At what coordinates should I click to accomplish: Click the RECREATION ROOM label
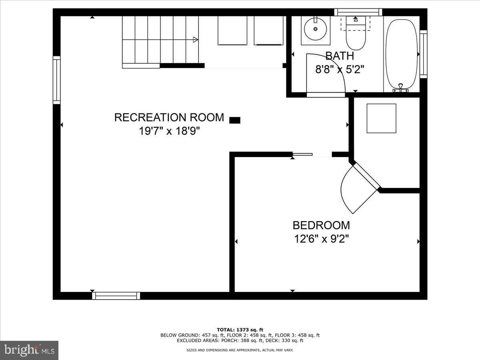pos(169,117)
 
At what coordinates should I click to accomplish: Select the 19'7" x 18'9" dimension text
pos(169,131)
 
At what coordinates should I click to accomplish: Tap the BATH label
pos(339,56)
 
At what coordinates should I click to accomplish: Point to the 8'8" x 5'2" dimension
pos(339,70)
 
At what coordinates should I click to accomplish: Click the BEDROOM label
pos(321,225)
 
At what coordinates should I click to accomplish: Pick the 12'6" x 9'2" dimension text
pos(321,239)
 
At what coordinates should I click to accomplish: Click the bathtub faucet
pos(401,88)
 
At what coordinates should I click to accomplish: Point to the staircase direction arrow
pos(195,39)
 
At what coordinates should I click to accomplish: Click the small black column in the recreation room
pos(235,120)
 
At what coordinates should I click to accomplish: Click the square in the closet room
pos(382,118)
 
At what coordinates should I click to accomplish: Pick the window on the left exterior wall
pos(57,80)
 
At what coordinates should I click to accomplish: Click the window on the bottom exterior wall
pos(116,296)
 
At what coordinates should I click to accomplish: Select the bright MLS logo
pos(29,350)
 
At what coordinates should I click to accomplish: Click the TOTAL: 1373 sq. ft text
pos(240,329)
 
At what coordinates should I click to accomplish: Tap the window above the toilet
pos(358,12)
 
